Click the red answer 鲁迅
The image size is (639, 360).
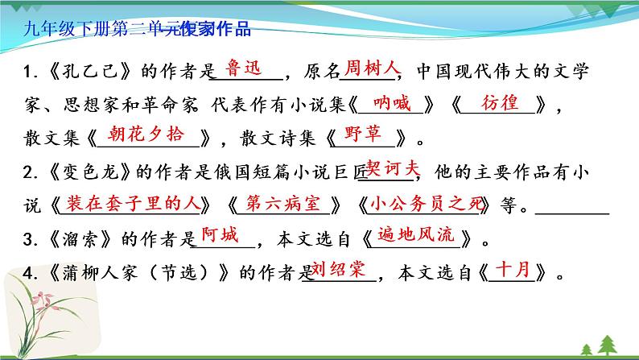coord(246,68)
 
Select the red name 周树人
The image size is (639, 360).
coord(366,67)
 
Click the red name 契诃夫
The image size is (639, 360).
coord(393,168)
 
